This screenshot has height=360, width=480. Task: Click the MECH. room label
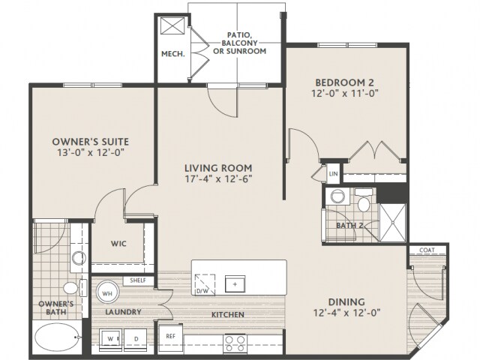(x=173, y=54)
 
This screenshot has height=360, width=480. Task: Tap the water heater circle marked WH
(x=107, y=293)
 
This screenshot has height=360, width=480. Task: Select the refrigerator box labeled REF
(x=170, y=336)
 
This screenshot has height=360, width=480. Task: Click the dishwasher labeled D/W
(x=205, y=285)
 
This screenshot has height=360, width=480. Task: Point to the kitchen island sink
(x=235, y=283)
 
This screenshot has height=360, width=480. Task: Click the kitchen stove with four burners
(x=235, y=343)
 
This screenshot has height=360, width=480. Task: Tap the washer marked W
(x=110, y=340)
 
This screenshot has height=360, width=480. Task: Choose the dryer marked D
(x=136, y=340)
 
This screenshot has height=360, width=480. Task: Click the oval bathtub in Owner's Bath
(x=56, y=337)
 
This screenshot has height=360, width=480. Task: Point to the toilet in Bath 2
(x=364, y=201)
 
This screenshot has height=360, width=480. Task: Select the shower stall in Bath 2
(x=393, y=222)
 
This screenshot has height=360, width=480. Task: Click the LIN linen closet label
(x=333, y=174)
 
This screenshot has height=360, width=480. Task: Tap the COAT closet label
(x=427, y=250)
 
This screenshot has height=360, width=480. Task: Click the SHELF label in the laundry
(x=138, y=280)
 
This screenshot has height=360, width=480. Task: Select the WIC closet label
(x=118, y=244)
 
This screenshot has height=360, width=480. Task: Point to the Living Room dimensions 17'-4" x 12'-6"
(x=218, y=178)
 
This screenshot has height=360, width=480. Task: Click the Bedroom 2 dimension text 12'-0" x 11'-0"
(x=345, y=93)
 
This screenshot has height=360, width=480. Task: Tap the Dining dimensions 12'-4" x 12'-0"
(x=346, y=313)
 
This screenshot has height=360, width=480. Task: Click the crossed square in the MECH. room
(x=172, y=25)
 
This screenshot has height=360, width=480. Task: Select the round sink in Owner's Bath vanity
(x=79, y=258)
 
